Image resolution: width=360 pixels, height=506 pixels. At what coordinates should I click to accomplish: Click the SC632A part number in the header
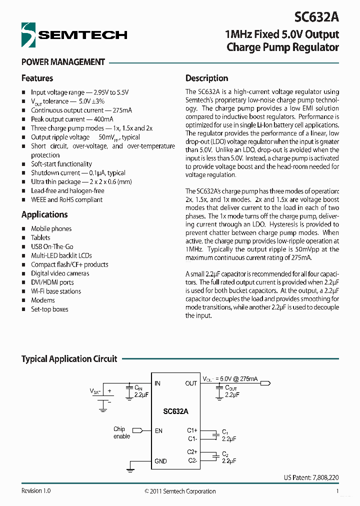[x=316, y=17]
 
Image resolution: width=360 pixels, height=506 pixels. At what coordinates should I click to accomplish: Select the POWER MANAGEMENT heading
[x=63, y=62]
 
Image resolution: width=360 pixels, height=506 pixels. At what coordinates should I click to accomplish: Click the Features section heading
[x=37, y=78]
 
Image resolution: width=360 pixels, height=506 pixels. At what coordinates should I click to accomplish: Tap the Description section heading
[x=206, y=78]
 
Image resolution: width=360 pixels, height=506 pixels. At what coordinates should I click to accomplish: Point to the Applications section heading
[x=44, y=214]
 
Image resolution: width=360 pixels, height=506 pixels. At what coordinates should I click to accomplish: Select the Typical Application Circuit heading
[x=69, y=359]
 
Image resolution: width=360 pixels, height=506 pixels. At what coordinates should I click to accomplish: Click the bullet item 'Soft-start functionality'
[x=61, y=164]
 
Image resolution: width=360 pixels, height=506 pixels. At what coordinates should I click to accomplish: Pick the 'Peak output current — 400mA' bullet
[x=72, y=119]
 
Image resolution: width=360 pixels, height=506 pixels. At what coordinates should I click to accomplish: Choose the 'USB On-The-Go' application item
[x=52, y=246]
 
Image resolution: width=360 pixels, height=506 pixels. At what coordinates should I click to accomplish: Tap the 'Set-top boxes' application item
[x=49, y=309]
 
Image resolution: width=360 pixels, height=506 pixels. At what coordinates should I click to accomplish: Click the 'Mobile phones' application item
[x=51, y=228]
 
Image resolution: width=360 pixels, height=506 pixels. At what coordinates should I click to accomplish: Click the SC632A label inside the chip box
[x=175, y=411]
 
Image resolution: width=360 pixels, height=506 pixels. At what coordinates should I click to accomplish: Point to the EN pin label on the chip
[x=158, y=430]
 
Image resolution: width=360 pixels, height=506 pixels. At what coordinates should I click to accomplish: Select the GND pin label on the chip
[x=160, y=461]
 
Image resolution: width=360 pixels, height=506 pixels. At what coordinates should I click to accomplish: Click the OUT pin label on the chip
[x=191, y=383]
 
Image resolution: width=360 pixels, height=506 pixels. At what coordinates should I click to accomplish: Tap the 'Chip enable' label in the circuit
[x=121, y=432]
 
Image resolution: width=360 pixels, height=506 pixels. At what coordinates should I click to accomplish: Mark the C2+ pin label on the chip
[x=192, y=452]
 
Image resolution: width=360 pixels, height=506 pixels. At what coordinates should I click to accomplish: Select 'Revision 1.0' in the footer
[x=36, y=491]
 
